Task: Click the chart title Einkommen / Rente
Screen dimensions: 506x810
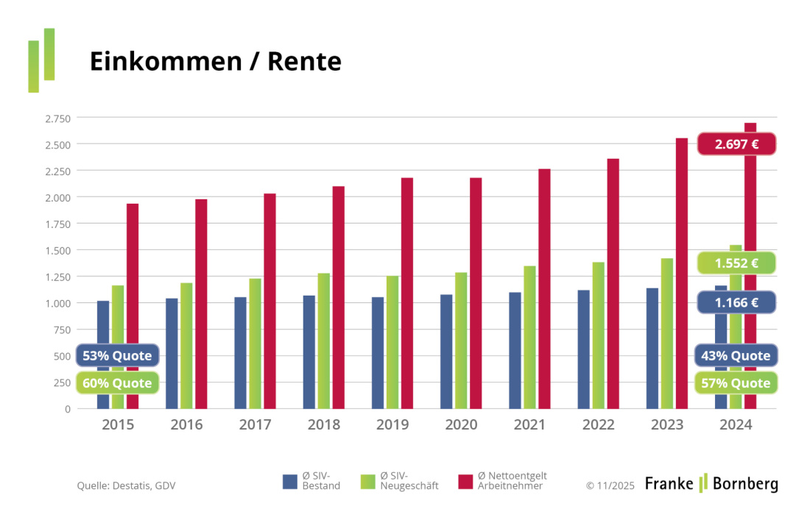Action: point(215,62)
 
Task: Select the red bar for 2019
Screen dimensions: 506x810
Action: point(407,294)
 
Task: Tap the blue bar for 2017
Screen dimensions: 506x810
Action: point(240,353)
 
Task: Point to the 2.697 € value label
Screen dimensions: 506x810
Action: point(736,144)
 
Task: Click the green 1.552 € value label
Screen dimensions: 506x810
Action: point(736,263)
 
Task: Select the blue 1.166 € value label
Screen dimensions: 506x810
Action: point(736,302)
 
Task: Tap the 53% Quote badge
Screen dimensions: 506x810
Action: point(117,356)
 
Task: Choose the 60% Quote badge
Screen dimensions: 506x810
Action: point(117,383)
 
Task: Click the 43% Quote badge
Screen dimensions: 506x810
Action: point(736,356)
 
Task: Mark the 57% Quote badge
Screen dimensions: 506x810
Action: point(736,383)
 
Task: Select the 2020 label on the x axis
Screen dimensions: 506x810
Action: point(462,425)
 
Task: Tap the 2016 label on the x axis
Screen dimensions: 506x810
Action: point(186,425)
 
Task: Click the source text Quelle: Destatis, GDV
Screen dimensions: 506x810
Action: point(126,485)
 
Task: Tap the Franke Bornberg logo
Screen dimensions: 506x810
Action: point(711,483)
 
